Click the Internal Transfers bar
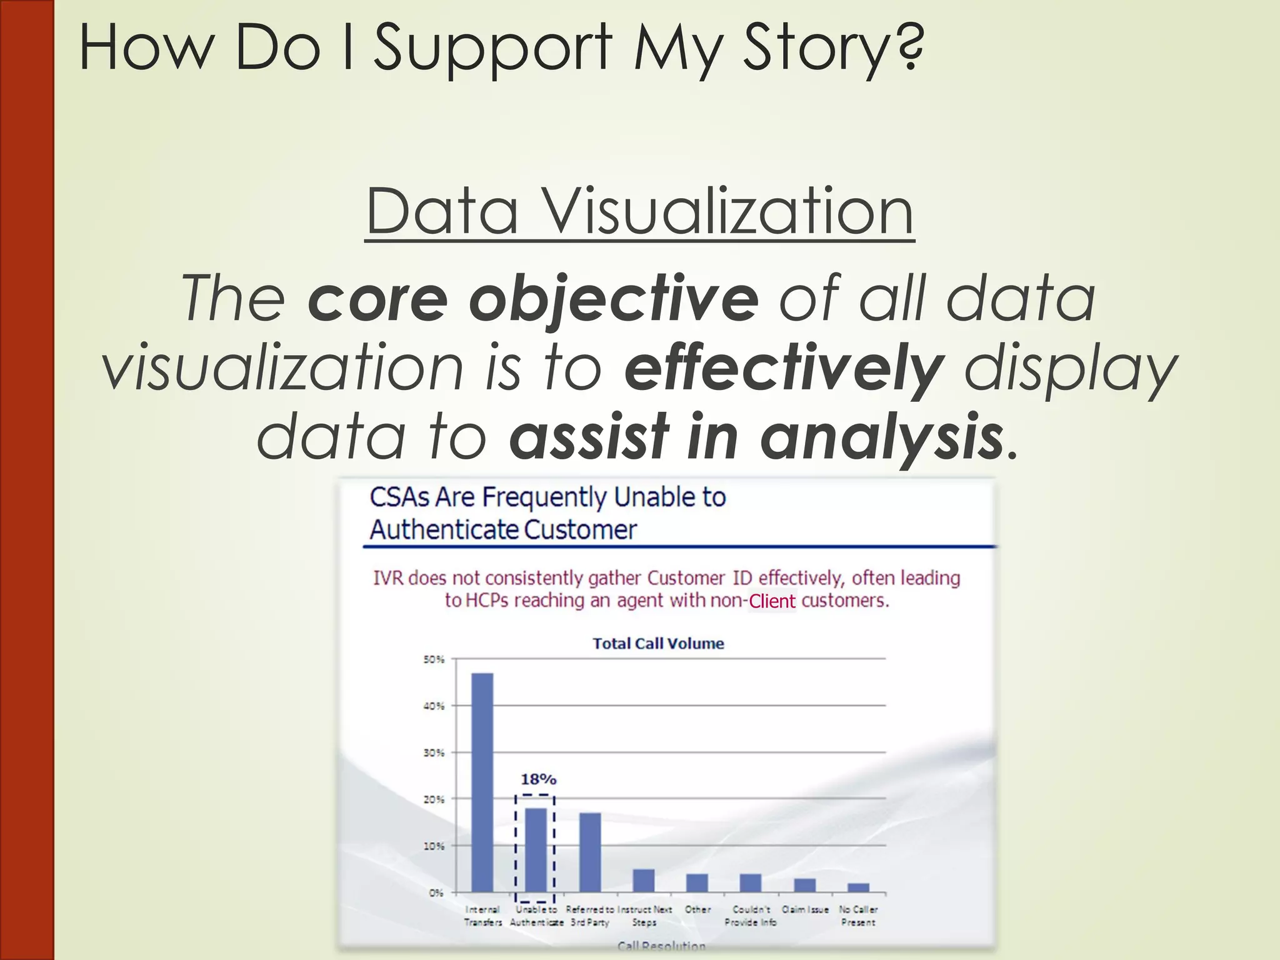coord(482,782)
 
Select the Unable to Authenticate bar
coord(536,850)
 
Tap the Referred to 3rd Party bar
coord(590,852)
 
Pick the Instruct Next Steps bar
coord(644,880)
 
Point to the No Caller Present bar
coord(858,887)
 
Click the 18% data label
coord(538,779)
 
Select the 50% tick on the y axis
coord(434,659)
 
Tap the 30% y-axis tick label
coord(434,752)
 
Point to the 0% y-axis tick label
coord(436,892)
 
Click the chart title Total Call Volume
coord(658,644)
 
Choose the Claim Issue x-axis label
coord(805,909)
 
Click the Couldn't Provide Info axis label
coord(751,916)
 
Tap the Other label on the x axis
coord(697,909)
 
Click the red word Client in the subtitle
coord(772,601)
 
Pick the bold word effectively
coord(784,368)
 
